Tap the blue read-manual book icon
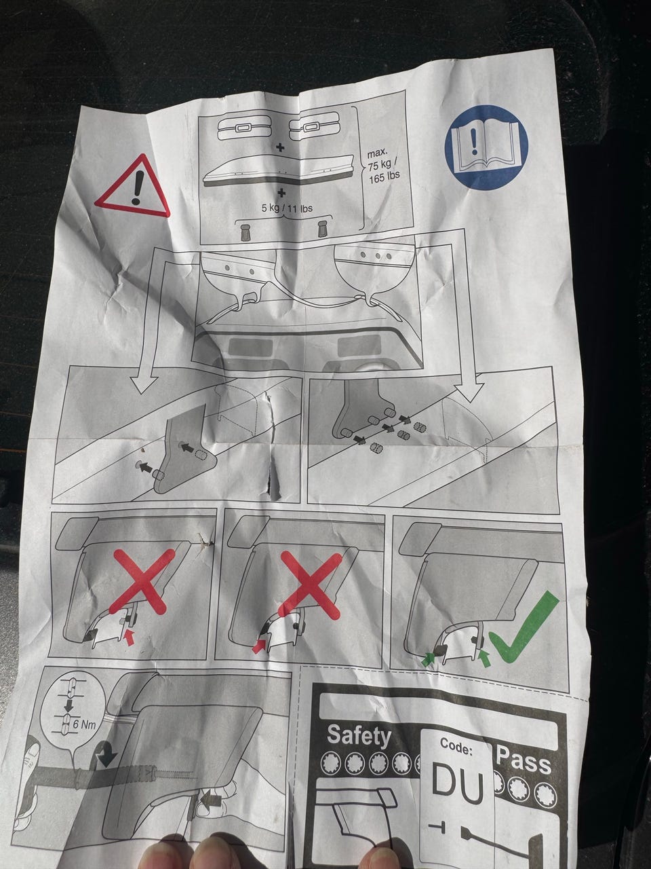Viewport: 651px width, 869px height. coord(487,147)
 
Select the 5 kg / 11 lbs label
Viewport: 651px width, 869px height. coord(287,208)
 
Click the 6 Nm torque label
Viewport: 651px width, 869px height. coord(84,724)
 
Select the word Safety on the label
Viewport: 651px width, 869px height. coord(359,735)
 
